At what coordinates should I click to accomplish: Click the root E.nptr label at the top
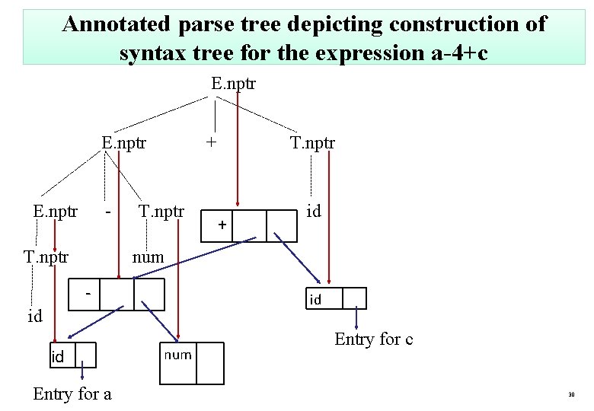(x=233, y=82)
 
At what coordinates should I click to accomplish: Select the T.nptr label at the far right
(x=312, y=142)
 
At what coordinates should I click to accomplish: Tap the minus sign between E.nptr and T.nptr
(x=110, y=208)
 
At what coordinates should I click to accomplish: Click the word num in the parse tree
(x=148, y=257)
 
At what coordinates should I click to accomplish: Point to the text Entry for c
(x=373, y=339)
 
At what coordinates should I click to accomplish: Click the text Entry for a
(x=72, y=393)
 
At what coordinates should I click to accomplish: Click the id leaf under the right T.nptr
(x=313, y=210)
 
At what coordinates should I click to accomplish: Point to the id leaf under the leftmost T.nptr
(x=34, y=316)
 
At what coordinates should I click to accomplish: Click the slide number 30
(x=570, y=395)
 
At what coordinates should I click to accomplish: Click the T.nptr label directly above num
(x=161, y=211)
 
